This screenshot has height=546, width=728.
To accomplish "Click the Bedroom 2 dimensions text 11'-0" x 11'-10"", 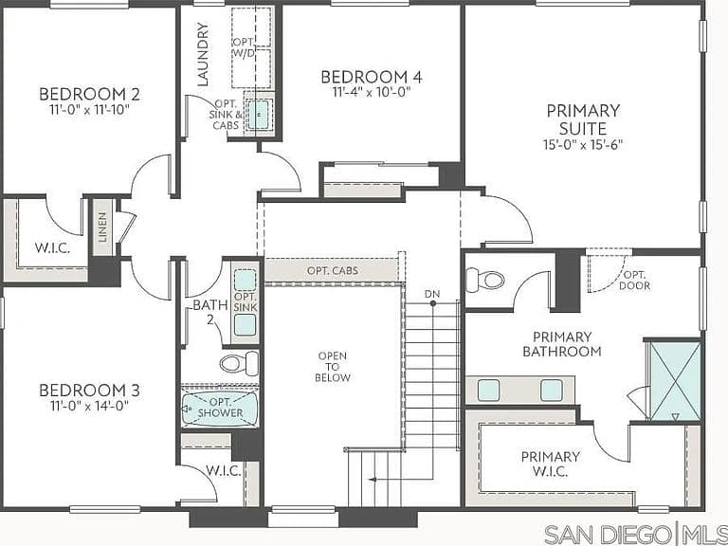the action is [x=89, y=110].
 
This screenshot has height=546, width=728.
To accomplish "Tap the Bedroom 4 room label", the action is [x=372, y=77].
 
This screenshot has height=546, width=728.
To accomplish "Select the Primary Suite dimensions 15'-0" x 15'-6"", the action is [x=583, y=144].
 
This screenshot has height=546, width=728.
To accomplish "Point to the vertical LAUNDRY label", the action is [x=203, y=54].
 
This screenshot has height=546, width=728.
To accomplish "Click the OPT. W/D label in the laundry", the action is [x=245, y=47].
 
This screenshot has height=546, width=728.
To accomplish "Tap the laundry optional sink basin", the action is [x=258, y=114].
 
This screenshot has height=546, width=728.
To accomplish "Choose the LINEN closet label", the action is [x=102, y=227].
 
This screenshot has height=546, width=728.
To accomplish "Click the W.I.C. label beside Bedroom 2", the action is [x=52, y=248].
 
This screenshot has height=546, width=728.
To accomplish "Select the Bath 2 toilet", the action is [x=239, y=363].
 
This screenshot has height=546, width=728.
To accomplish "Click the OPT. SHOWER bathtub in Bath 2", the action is [x=220, y=409].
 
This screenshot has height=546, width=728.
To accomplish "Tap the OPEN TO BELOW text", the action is [x=333, y=367].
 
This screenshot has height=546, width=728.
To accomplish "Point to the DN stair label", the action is [x=432, y=294].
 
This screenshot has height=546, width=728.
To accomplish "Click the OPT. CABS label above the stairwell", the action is [x=333, y=271].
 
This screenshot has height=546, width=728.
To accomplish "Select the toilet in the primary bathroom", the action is [x=484, y=280].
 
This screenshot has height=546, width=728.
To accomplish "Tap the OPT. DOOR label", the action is [x=635, y=281].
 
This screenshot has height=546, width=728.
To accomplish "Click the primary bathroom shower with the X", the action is [x=676, y=381].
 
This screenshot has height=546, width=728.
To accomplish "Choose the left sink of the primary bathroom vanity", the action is [x=489, y=390].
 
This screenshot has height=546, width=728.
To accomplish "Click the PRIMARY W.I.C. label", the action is [x=550, y=464].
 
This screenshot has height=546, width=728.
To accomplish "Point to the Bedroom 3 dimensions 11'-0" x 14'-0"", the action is [x=89, y=407].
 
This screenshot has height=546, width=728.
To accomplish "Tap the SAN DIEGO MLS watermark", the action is [x=636, y=535].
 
